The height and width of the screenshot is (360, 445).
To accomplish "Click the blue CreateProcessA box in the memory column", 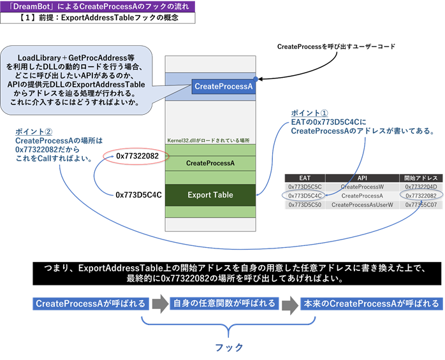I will tap(223, 86).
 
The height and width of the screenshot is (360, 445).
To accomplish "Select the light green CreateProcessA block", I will tap(210, 163).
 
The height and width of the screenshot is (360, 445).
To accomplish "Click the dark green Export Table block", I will tap(210, 194).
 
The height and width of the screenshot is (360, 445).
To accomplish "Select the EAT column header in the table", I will tap(304, 178).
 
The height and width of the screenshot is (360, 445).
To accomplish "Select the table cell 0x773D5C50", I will tap(304, 205).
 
